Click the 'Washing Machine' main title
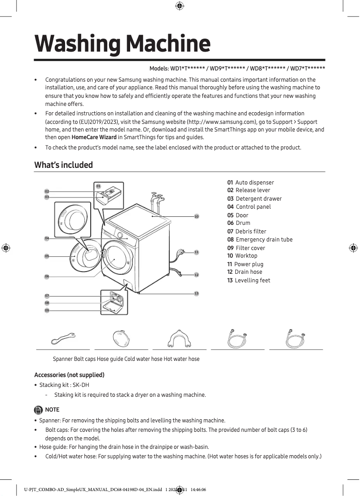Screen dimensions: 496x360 122,44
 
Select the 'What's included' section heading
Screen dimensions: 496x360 64,165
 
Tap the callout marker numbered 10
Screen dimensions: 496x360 196,217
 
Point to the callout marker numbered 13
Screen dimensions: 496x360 196,293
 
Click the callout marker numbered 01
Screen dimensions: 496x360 98,186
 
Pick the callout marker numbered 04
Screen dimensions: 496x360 47,238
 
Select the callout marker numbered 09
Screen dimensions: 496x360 47,310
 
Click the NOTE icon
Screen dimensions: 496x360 39,409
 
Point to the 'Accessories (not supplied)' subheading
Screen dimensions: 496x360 69,375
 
